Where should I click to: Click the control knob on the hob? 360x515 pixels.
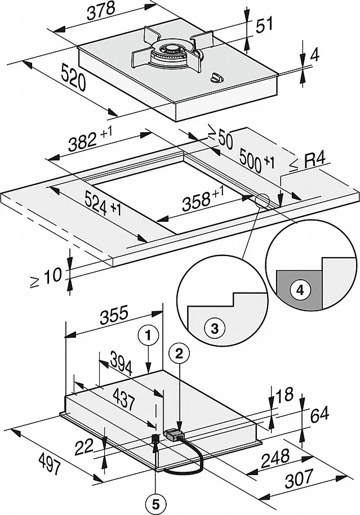(x=217, y=79)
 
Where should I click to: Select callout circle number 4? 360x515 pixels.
(x=300, y=290)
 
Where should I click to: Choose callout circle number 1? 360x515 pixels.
(x=147, y=336)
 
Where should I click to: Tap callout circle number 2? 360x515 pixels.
(x=179, y=353)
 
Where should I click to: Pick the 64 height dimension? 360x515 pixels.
(x=319, y=415)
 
